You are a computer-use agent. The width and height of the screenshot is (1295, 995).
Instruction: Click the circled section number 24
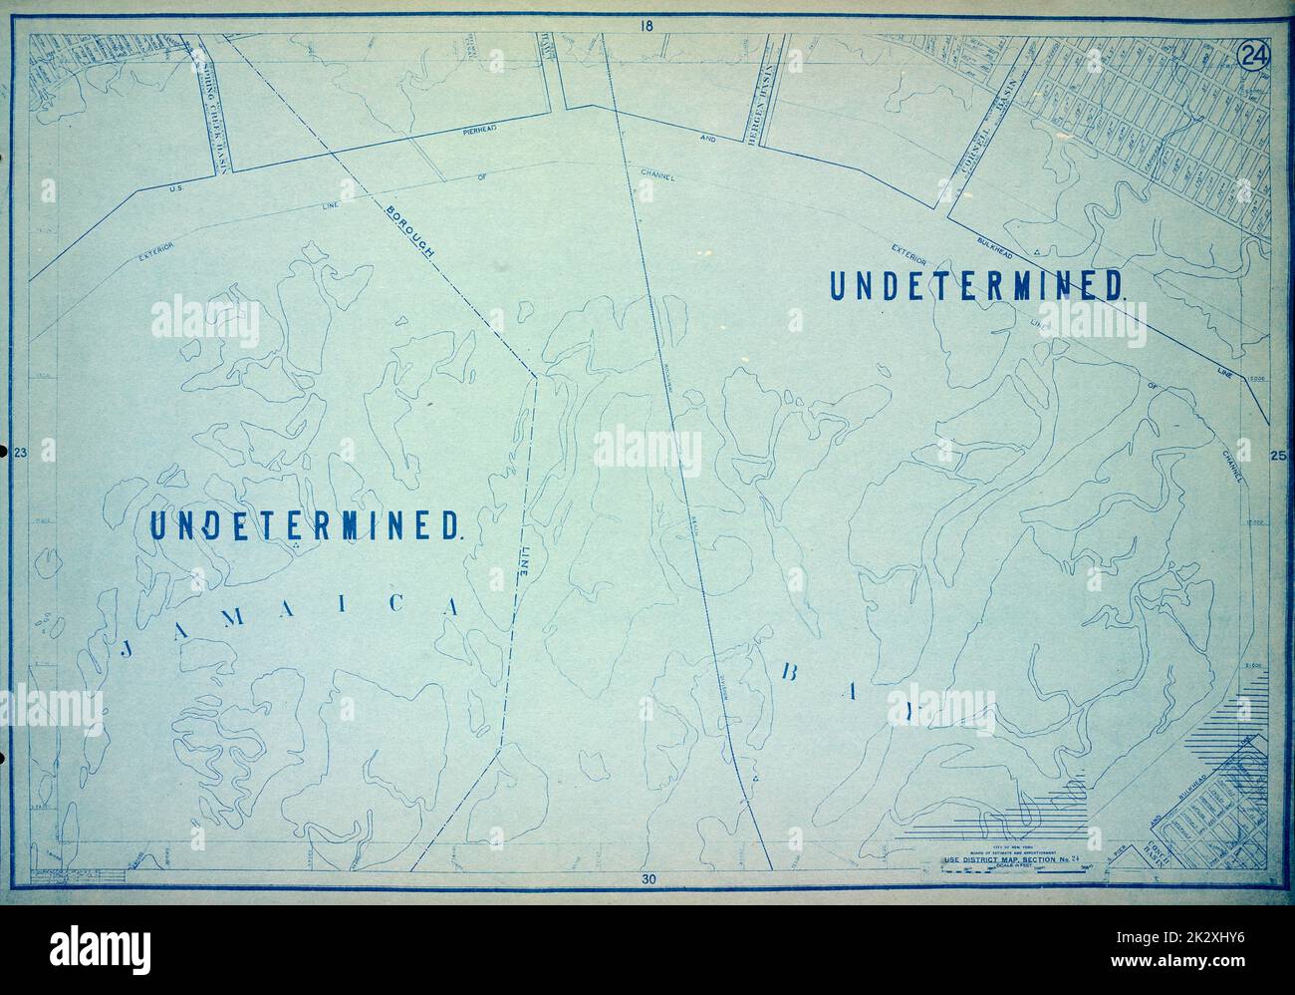pyautogui.click(x=1250, y=56)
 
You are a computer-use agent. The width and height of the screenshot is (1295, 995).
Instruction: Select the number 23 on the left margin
pyautogui.click(x=19, y=455)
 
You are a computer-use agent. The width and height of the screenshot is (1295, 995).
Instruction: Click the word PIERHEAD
pyautogui.click(x=486, y=129)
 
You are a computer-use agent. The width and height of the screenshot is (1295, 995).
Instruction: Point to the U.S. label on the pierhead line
pyautogui.click(x=179, y=188)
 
